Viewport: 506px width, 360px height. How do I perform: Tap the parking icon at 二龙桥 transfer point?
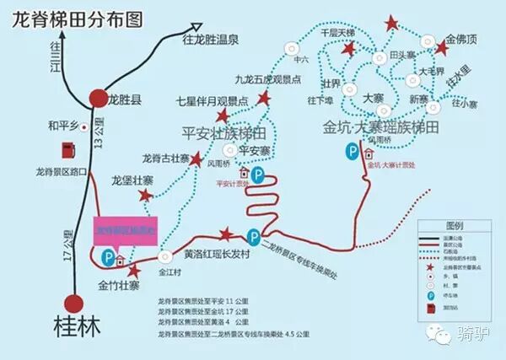(x=252, y=235)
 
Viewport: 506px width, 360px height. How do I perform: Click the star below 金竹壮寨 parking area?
(x=133, y=270)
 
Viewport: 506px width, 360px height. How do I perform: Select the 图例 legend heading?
(x=456, y=225)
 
